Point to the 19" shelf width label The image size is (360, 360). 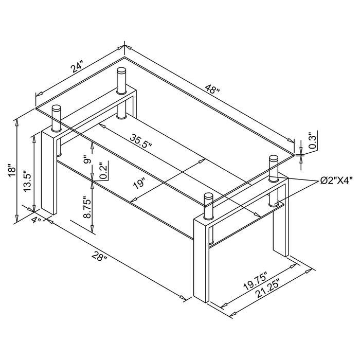tap(138, 184)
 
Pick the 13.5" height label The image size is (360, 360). tap(28, 181)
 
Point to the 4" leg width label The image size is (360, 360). tap(36, 221)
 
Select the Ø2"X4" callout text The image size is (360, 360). tap(334, 181)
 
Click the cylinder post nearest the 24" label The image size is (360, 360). tap(121, 80)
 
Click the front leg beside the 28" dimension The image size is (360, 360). tap(202, 262)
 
